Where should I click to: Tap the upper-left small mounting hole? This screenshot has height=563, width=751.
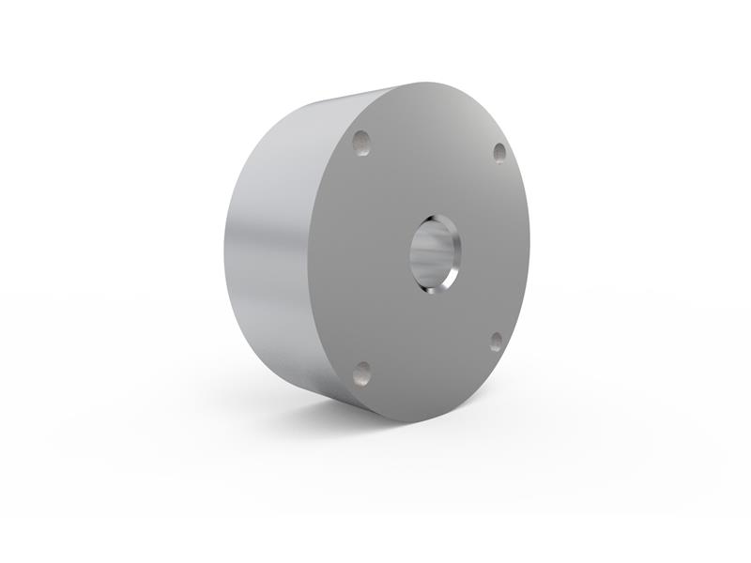(362, 143)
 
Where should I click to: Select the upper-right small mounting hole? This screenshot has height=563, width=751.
(499, 152)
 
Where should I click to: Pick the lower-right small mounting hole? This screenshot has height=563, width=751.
(496, 342)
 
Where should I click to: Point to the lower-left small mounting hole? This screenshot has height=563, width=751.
(362, 374)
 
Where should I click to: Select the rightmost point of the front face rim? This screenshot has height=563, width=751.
(529, 246)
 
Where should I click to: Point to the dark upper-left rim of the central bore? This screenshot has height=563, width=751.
(419, 230)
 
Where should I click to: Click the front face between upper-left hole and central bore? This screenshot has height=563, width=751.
(394, 192)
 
